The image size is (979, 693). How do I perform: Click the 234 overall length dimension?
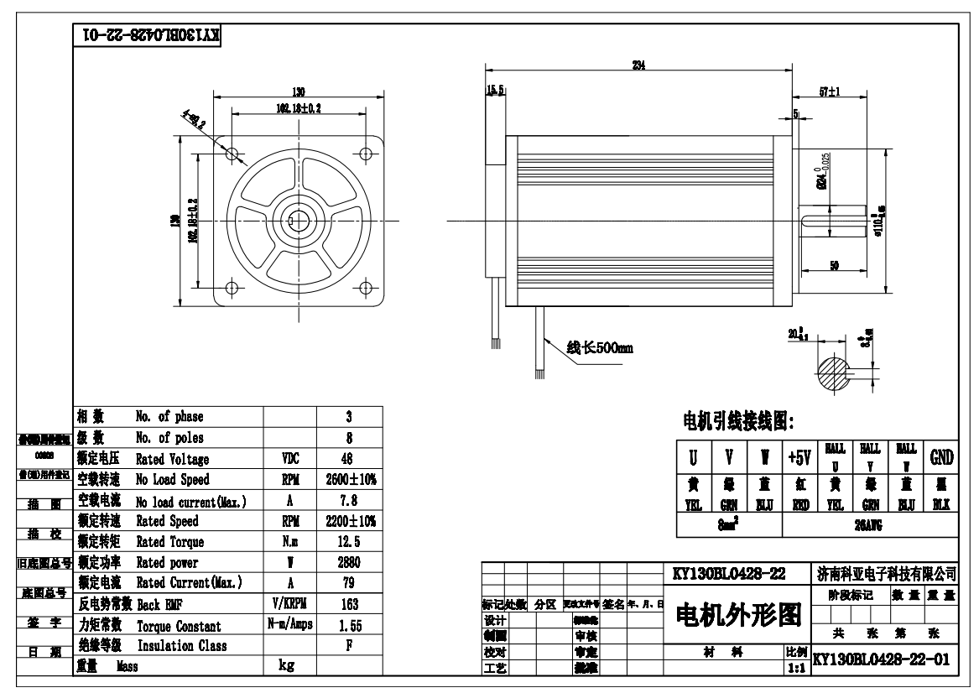(x=638, y=66)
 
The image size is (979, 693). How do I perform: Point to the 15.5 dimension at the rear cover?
(x=495, y=91)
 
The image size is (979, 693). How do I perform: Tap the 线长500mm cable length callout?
(x=599, y=348)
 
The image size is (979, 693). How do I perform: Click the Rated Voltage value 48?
(x=349, y=458)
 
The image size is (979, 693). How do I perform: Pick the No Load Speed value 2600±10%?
(x=349, y=479)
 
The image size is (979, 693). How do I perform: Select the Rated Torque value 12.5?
(x=349, y=541)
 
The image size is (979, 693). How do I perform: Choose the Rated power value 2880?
(x=349, y=562)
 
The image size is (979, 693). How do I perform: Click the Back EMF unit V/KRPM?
(x=289, y=604)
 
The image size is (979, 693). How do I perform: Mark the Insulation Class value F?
(x=349, y=645)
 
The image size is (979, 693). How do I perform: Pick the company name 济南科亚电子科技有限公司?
(x=885, y=575)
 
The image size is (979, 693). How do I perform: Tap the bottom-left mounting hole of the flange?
(x=232, y=287)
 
